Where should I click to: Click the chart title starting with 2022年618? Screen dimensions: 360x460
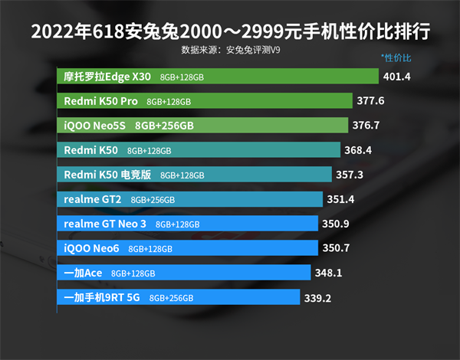(x=230, y=33)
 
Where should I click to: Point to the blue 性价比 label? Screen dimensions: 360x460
(x=396, y=58)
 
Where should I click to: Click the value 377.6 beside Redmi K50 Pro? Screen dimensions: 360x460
(x=370, y=101)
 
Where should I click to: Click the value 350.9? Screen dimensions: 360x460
(x=336, y=224)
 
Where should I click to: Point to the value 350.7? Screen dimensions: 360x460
(x=336, y=248)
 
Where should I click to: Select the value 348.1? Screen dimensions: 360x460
(x=327, y=273)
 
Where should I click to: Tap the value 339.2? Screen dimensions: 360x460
(x=317, y=298)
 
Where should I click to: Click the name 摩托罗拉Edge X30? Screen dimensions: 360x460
(x=107, y=77)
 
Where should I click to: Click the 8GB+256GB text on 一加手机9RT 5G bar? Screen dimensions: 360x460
(x=171, y=298)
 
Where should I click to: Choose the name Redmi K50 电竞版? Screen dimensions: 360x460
(x=107, y=175)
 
